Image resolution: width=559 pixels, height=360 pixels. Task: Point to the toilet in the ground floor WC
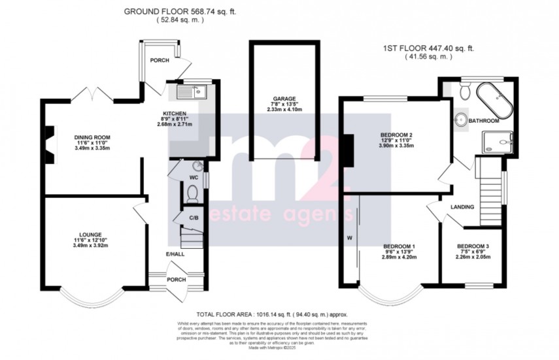click(191, 193)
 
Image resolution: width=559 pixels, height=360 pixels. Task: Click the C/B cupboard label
click(194, 218)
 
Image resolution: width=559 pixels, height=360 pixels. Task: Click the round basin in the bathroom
click(460, 120)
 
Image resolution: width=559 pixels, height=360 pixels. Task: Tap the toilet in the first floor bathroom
click(464, 93)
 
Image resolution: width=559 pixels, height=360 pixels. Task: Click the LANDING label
click(462, 207)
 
